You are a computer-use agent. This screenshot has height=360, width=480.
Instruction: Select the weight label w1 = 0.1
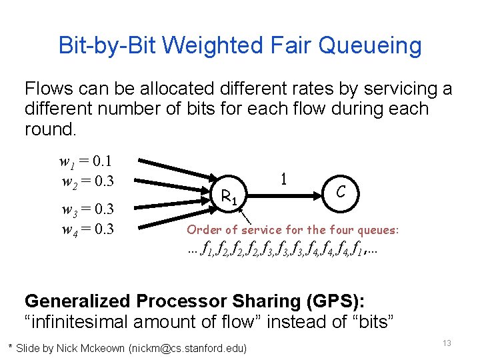coord(85,161)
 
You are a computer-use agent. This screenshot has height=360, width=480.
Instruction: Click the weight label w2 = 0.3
coord(87,181)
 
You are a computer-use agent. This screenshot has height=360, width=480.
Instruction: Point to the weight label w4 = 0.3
coord(87,229)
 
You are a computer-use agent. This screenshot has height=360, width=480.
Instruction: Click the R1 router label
coord(229,196)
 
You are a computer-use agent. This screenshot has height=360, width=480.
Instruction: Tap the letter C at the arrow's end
coord(340,191)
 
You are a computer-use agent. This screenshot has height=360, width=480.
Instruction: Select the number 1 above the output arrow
coord(284,179)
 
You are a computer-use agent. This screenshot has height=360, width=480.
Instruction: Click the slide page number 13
coord(447,343)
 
